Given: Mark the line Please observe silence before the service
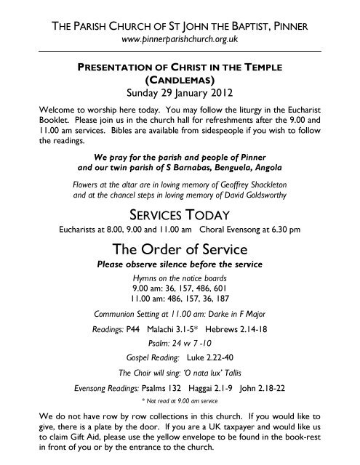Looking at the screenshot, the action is click(180, 264).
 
